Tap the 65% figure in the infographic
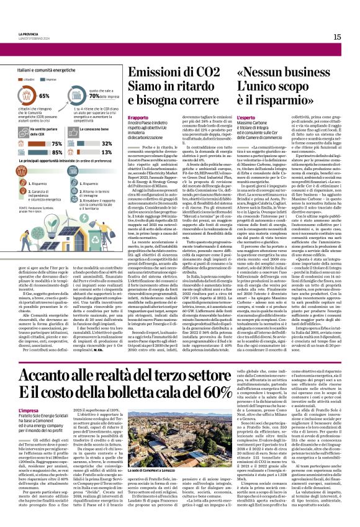click(x=44, y=96)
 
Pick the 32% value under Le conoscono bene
click(x=107, y=143)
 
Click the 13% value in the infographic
click(x=107, y=152)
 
